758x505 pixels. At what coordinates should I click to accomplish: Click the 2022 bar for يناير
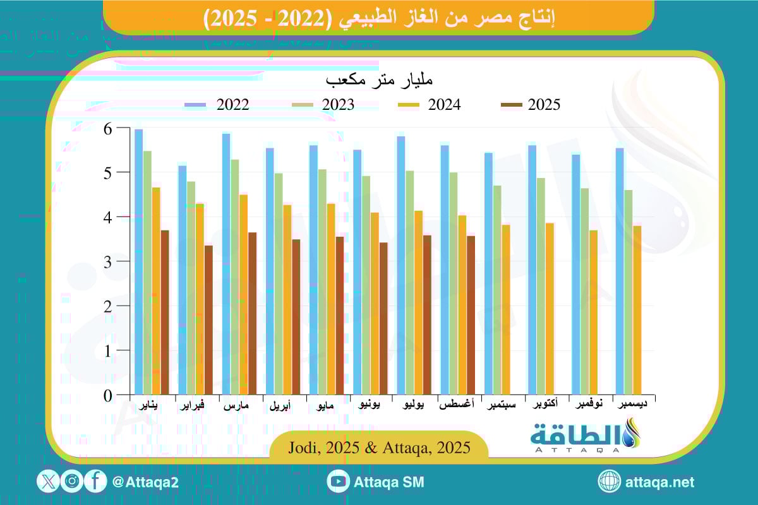[138, 262]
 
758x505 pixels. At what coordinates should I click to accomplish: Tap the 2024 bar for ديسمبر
[637, 310]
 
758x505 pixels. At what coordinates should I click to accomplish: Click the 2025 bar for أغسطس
[471, 315]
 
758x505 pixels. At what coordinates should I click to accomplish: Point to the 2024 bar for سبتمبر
[506, 309]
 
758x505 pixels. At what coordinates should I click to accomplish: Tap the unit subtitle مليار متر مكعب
[379, 81]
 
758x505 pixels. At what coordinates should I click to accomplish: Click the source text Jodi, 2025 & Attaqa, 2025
[379, 448]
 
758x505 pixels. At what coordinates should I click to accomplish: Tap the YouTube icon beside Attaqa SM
[339, 482]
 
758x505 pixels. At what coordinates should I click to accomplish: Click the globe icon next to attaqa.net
[610, 482]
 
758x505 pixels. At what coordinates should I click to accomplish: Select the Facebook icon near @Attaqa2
[95, 482]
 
